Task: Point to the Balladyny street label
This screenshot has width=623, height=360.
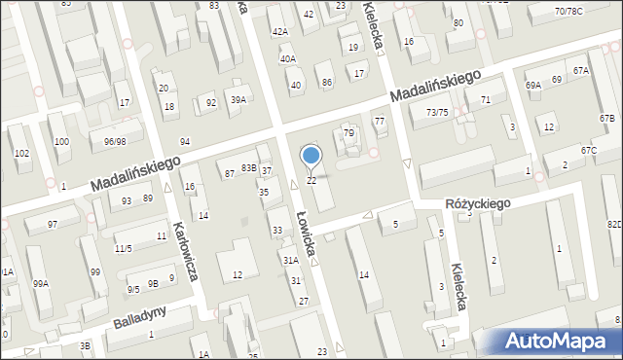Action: (x=139, y=316)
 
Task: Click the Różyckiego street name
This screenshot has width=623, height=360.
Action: (x=478, y=203)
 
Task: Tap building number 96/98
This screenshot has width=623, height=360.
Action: (x=115, y=142)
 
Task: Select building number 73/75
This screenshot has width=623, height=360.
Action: (x=437, y=113)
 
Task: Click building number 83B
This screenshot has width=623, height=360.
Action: (x=250, y=167)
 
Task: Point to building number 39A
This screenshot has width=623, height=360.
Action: (x=238, y=100)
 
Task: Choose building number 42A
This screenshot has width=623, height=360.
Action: (x=280, y=32)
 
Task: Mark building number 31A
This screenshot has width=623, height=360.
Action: (x=290, y=261)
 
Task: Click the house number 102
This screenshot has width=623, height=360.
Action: (x=21, y=154)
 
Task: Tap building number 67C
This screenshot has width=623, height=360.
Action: (x=588, y=151)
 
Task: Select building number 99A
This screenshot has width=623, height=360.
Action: (x=40, y=283)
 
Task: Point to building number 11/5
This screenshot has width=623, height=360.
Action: (x=123, y=248)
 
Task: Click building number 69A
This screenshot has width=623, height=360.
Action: (x=533, y=86)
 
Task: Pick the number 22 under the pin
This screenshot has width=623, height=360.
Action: (x=311, y=181)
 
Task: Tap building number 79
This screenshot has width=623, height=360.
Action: (x=348, y=132)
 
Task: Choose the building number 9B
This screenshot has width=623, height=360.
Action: (x=153, y=283)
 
